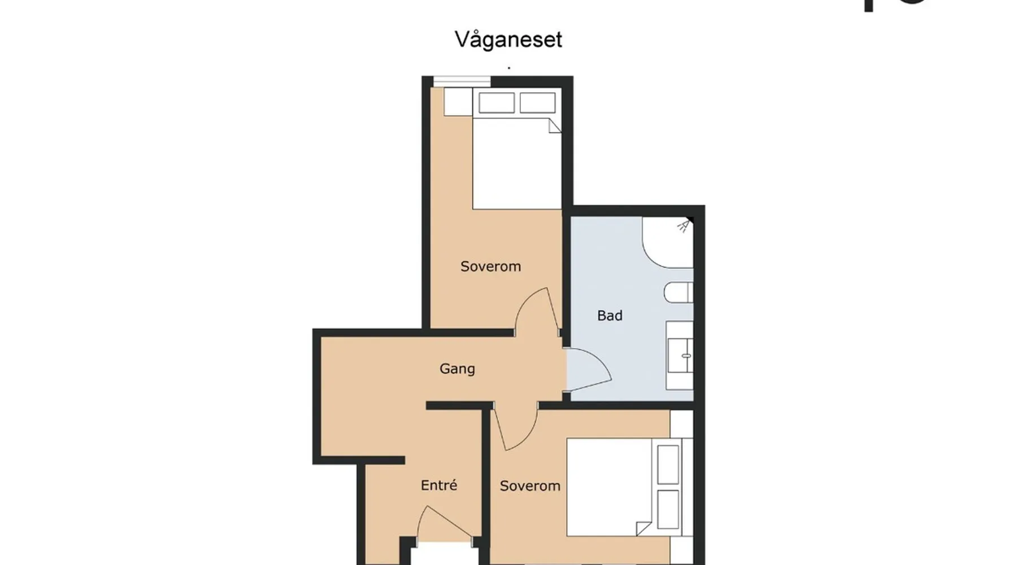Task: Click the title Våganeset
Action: pyautogui.click(x=508, y=40)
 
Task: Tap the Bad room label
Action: pyautogui.click(x=610, y=315)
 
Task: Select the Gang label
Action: pyautogui.click(x=457, y=369)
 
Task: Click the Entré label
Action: pyautogui.click(x=439, y=485)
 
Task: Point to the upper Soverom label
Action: pyautogui.click(x=490, y=266)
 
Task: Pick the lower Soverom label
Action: pyautogui.click(x=530, y=485)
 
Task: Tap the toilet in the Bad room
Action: pyautogui.click(x=679, y=293)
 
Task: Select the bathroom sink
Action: pyautogui.click(x=680, y=355)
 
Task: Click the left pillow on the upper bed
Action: pyautogui.click(x=497, y=103)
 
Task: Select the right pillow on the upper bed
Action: pyautogui.click(x=537, y=103)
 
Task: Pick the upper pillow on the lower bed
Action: pyautogui.click(x=668, y=464)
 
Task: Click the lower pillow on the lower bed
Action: pyautogui.click(x=668, y=509)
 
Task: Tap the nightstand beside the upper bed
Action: pyautogui.click(x=458, y=102)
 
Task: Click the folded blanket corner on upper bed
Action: pyautogui.click(x=554, y=125)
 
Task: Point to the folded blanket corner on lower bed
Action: pyautogui.click(x=644, y=528)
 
